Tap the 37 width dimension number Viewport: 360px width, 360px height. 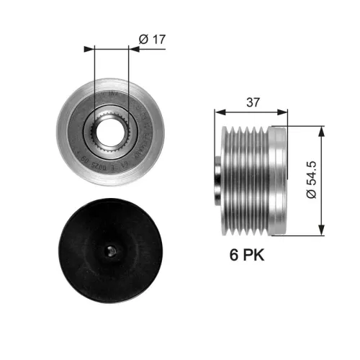pyautogui.click(x=252, y=103)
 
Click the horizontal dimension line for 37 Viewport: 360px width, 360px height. pyautogui.click(x=251, y=112)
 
